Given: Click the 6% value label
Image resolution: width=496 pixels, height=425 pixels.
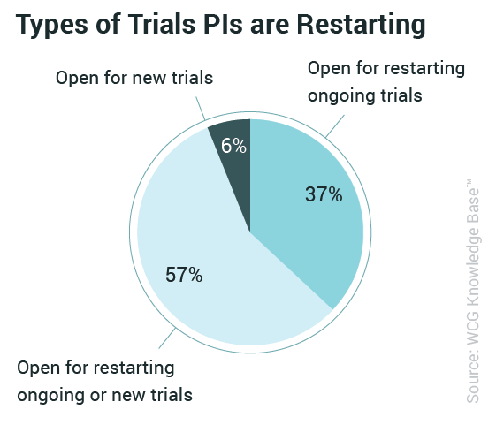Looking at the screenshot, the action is tap(233, 146).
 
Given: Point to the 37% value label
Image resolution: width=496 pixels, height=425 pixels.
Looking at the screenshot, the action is tap(324, 194).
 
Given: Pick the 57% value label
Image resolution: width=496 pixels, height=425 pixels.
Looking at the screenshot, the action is tap(184, 275).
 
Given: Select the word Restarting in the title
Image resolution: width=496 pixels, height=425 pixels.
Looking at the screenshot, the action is tap(361, 25).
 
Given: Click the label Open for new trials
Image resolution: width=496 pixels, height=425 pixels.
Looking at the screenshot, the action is tap(134, 78).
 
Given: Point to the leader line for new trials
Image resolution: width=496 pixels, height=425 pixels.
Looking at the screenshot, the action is tap(201, 109).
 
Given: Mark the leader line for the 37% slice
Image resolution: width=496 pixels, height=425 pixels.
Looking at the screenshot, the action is tap(335, 126).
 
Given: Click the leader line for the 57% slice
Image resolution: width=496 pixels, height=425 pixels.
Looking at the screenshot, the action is tap(167, 338).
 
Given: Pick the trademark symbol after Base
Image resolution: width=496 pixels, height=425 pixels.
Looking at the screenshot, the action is tap(469, 184).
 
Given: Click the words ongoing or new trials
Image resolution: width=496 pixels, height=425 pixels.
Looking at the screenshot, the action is tap(104, 396).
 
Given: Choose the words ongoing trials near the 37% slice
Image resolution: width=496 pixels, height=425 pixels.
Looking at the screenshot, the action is tap(365, 96).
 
